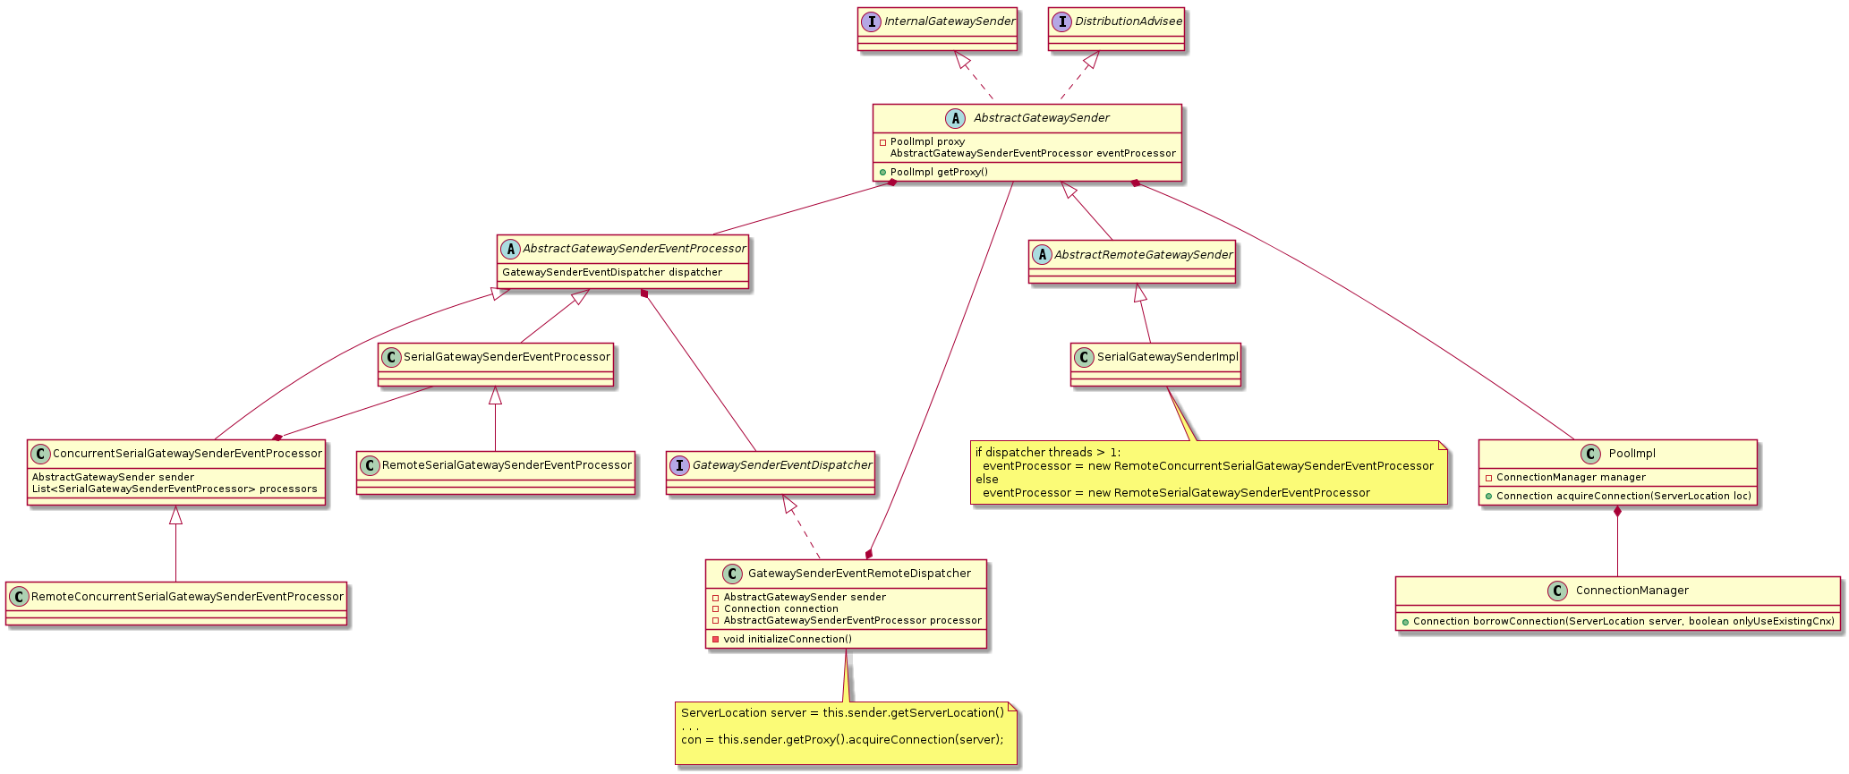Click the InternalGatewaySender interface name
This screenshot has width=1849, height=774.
tap(950, 21)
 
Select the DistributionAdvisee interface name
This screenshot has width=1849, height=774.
tap(1128, 21)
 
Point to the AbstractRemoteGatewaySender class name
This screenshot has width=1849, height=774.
tap(1143, 255)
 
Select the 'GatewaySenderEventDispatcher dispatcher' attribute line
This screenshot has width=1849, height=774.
tap(612, 272)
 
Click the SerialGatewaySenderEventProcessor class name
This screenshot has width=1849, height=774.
tap(507, 357)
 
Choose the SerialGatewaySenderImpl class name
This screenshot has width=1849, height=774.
tap(1167, 357)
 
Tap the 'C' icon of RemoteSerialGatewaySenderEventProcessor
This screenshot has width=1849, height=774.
tap(370, 466)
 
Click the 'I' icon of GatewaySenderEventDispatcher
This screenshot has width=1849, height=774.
tap(679, 465)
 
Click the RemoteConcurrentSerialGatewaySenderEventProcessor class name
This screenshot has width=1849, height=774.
tap(187, 597)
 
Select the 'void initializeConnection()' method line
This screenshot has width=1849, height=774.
tap(788, 639)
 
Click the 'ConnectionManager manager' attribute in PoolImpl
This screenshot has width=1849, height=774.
tap(1571, 478)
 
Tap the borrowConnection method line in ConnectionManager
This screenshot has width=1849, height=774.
tap(1623, 621)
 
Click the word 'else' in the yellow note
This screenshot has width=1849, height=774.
tap(986, 480)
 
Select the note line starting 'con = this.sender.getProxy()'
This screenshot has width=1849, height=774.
tap(842, 740)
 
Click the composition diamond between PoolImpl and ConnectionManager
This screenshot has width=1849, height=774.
tap(1617, 512)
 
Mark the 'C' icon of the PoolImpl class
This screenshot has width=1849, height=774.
tap(1590, 455)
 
